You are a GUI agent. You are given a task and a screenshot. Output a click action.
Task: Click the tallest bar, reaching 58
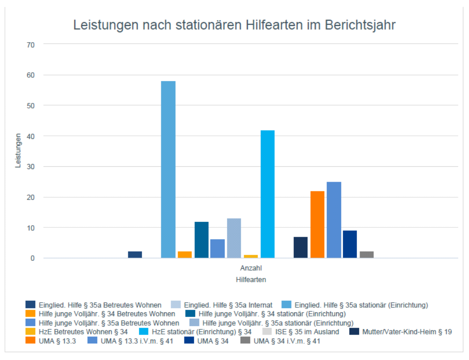pyautogui.click(x=168, y=170)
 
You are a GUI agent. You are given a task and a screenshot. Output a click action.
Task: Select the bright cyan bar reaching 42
pyautogui.click(x=267, y=194)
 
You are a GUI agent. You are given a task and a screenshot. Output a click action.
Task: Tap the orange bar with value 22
pyautogui.click(x=317, y=224)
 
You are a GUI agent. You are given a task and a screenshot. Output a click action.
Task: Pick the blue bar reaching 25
pyautogui.click(x=334, y=220)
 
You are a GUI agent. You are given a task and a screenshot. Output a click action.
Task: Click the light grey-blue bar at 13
pyautogui.click(x=234, y=238)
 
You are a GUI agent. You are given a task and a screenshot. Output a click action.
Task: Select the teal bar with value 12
pyautogui.click(x=202, y=240)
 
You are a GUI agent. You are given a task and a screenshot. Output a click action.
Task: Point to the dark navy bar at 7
pyautogui.click(x=301, y=247)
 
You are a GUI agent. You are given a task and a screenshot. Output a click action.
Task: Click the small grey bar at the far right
pyautogui.click(x=367, y=254)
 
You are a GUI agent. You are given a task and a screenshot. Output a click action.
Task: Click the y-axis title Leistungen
pyautogui.click(x=18, y=151)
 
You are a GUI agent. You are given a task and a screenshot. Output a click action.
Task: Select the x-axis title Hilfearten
pyautogui.click(x=251, y=280)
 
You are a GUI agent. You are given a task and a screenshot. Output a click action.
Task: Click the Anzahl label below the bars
pyautogui.click(x=251, y=268)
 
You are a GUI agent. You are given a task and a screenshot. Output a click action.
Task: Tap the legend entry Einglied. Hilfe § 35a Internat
pyautogui.click(x=228, y=305)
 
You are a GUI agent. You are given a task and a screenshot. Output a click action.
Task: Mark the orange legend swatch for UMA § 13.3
pyautogui.click(x=31, y=341)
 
